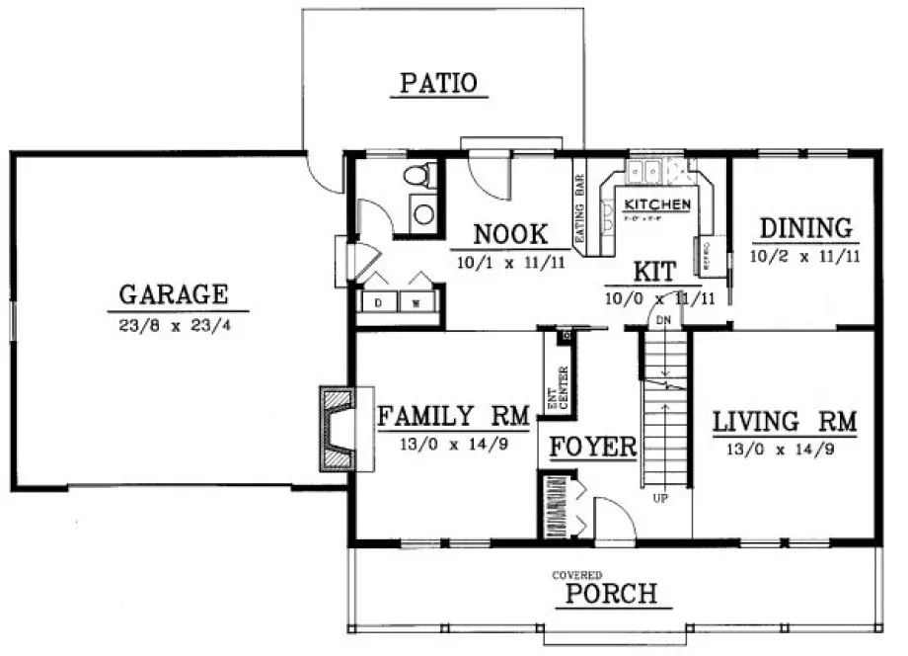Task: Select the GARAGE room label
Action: [174, 294]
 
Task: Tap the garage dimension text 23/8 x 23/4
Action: [174, 322]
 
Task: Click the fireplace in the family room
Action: [339, 427]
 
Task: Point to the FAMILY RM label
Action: [454, 416]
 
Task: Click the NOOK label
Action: [510, 235]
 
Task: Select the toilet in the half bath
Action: [419, 178]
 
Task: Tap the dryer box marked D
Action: [379, 303]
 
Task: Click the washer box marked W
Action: [416, 303]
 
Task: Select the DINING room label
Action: [805, 229]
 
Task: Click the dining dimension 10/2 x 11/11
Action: [805, 257]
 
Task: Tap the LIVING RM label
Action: [785, 422]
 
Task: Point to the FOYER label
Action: [592, 447]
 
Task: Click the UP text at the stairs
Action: [659, 499]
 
